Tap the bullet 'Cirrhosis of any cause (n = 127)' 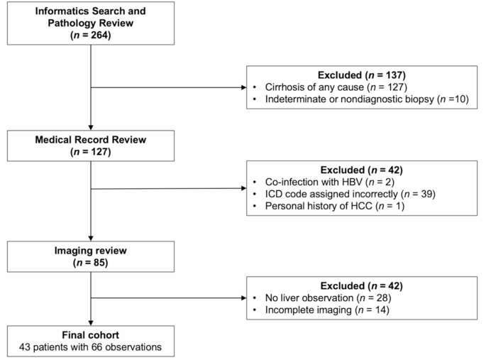321,87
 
